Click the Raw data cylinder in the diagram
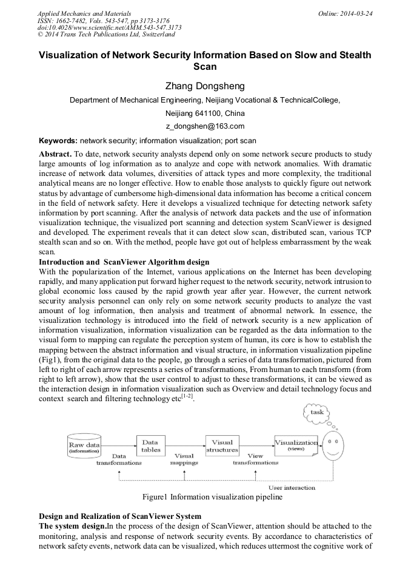click(84, 447)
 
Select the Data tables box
click(151, 446)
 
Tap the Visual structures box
click(222, 446)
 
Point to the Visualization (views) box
click(296, 445)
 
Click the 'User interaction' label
click(292, 487)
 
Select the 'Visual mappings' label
click(184, 459)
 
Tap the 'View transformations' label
click(255, 459)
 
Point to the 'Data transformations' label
click(119, 459)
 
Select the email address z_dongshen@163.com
click(205, 126)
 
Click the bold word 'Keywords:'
click(58, 140)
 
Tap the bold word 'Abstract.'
click(56, 154)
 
